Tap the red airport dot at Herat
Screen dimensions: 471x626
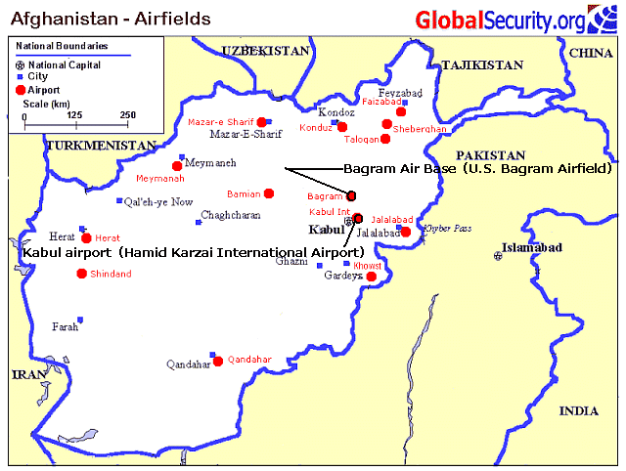point(87,237)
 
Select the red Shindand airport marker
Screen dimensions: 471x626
point(81,273)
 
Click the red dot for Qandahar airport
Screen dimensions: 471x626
point(218,360)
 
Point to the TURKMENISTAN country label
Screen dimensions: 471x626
point(100,146)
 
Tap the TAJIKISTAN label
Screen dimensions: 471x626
point(482,64)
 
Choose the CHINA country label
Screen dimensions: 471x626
point(590,53)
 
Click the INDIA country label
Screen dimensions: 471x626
point(578,411)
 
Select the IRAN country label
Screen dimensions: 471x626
point(24,374)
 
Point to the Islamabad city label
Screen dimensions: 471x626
point(530,248)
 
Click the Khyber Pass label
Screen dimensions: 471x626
point(448,228)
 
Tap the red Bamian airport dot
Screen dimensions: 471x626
point(269,193)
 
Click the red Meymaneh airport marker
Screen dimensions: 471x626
point(177,166)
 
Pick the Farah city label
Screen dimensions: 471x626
point(65,326)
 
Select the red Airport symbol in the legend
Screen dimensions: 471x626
point(21,89)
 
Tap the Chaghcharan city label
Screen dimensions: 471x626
point(231,216)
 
